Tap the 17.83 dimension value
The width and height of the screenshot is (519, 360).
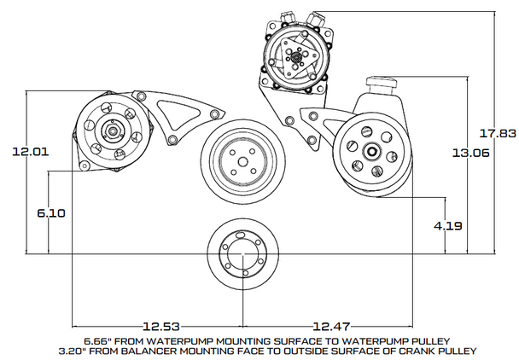[497, 133]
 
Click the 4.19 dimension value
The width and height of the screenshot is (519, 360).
[447, 226]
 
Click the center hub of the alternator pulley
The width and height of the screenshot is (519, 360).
[111, 132]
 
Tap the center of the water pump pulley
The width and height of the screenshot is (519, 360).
[242, 160]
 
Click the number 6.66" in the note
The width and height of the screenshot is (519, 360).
[99, 339]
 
